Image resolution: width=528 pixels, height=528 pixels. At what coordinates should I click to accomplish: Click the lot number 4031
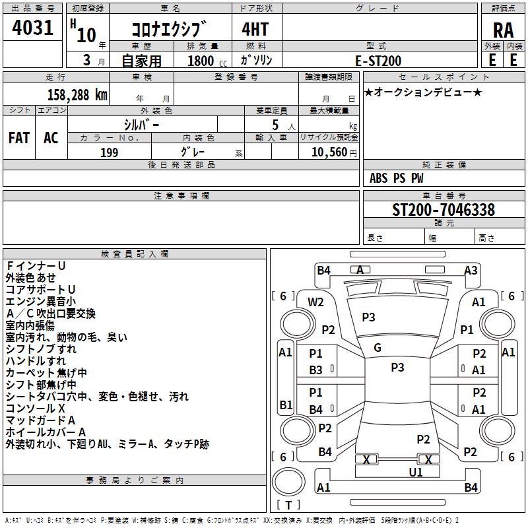point(32,28)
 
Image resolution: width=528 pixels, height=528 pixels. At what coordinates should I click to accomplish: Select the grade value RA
point(503,30)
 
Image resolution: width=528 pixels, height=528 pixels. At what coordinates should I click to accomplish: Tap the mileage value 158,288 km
point(77,95)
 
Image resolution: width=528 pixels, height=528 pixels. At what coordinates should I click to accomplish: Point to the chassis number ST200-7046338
point(444,209)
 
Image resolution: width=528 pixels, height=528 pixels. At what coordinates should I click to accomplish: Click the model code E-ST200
point(378,61)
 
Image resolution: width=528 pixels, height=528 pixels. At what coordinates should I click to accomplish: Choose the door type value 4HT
point(255,29)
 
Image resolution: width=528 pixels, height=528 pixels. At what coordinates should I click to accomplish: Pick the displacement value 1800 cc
point(207,61)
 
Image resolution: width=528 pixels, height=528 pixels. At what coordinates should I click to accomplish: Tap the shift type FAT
point(19,138)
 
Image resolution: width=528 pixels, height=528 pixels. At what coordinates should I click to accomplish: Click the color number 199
point(109,152)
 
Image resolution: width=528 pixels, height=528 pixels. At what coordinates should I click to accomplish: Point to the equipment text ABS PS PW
point(397,178)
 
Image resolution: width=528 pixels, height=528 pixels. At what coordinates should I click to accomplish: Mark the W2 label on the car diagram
point(315,302)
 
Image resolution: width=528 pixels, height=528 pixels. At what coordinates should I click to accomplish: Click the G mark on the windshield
point(378,348)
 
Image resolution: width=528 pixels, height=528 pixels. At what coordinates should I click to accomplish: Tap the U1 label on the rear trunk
point(416,473)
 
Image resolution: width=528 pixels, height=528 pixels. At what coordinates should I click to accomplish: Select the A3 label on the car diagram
point(471,270)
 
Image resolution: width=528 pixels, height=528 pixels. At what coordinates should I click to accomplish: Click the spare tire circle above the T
point(288,482)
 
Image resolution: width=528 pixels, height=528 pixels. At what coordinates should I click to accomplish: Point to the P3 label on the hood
point(368,317)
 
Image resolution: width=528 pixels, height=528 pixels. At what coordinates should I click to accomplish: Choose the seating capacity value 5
point(275,125)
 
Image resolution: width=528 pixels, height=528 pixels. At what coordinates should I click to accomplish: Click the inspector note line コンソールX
point(36,409)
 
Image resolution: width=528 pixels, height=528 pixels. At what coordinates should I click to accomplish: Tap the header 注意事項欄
point(181,195)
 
